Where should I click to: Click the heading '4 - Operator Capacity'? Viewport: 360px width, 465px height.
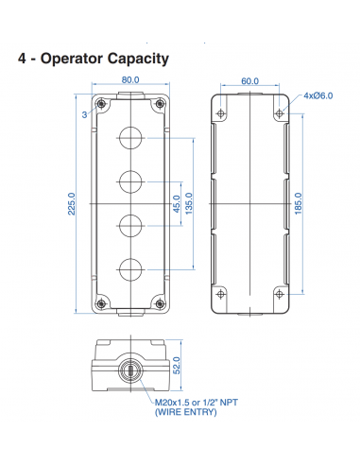tap(94, 59)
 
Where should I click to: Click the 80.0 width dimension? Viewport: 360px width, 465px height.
tap(131, 81)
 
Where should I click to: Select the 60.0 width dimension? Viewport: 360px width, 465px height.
tap(249, 81)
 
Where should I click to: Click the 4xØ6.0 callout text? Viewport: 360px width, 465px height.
tap(317, 95)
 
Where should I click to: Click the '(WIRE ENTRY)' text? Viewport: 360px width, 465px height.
tap(184, 412)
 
